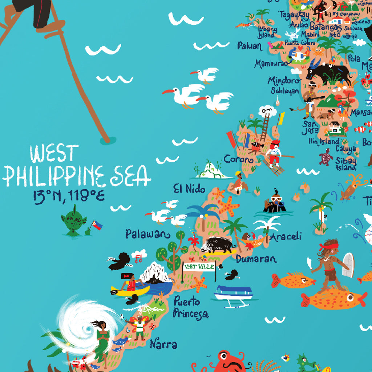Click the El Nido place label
pos(189,189)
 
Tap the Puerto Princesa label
pos(191,307)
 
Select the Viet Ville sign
pos(199,267)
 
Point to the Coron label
pos(238,159)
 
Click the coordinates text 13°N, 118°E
pos(69,196)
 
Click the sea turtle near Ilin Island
pos(326,157)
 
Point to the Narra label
pos(163,344)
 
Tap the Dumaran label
pos(256,259)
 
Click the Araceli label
pos(286,236)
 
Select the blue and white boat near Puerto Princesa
pos(233,293)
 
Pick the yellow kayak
pos(130,290)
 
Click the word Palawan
pos(147,234)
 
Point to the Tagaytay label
pos(294,15)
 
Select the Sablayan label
pos(285,91)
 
